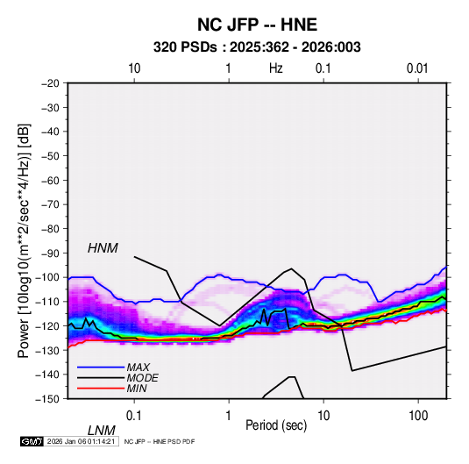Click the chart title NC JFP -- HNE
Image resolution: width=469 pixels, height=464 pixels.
point(257,25)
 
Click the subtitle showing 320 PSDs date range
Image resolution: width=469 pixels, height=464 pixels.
point(257,47)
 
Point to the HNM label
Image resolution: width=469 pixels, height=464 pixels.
point(103,248)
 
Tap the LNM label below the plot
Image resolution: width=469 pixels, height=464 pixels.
point(101,431)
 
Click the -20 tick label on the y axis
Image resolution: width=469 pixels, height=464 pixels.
point(50,83)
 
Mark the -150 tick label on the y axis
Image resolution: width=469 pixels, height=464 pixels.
point(47,398)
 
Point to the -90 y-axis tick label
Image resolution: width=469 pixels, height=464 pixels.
point(50,253)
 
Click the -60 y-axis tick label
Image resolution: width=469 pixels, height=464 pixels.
point(50,180)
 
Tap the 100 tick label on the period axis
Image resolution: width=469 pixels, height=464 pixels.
point(418,415)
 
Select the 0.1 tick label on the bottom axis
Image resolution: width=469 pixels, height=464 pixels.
point(134,415)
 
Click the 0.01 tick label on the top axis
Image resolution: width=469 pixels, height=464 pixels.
point(417,68)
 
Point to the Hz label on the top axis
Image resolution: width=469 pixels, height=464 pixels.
point(275,68)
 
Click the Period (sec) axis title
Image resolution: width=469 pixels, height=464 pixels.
point(276,425)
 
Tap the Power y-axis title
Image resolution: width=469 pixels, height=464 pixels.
point(24,240)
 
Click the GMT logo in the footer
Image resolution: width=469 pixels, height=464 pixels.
point(32,441)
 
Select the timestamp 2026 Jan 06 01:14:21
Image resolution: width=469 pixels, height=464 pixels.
point(81,441)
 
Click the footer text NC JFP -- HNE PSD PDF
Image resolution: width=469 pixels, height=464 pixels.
point(160,441)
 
